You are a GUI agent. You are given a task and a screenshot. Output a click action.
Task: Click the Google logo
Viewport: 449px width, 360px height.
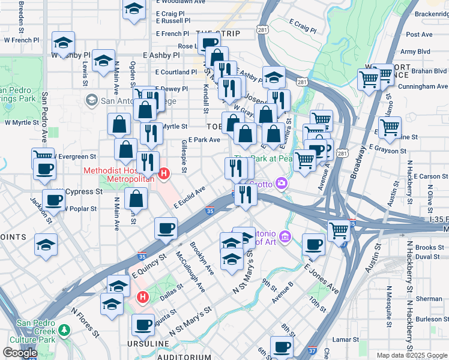[x=20, y=353]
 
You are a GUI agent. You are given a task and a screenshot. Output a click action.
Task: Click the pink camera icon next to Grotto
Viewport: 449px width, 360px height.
[x=281, y=183]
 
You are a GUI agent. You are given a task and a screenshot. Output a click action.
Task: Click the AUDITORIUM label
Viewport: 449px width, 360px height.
[x=184, y=357]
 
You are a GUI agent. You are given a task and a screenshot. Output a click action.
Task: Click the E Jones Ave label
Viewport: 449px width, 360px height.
[x=321, y=280]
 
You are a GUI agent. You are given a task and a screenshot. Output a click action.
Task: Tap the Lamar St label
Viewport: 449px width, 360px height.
[x=346, y=340]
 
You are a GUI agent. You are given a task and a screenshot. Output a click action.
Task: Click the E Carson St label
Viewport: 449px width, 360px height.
[x=426, y=176]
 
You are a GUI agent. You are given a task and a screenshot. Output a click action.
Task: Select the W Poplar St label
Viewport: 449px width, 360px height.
[x=80, y=209]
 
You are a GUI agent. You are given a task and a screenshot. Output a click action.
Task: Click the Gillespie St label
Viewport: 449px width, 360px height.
[x=183, y=157]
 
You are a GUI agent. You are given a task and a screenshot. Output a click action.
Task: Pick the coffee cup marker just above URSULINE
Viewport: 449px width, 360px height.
[x=143, y=325]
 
